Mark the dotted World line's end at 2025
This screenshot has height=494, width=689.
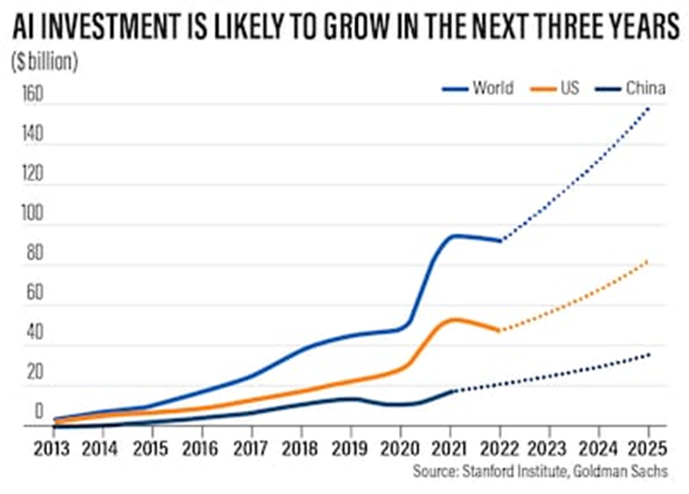click(649, 108)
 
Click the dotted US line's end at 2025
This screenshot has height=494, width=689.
click(649, 261)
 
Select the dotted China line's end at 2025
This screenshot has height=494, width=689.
click(649, 354)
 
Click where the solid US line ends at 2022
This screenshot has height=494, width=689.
click(500, 330)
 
